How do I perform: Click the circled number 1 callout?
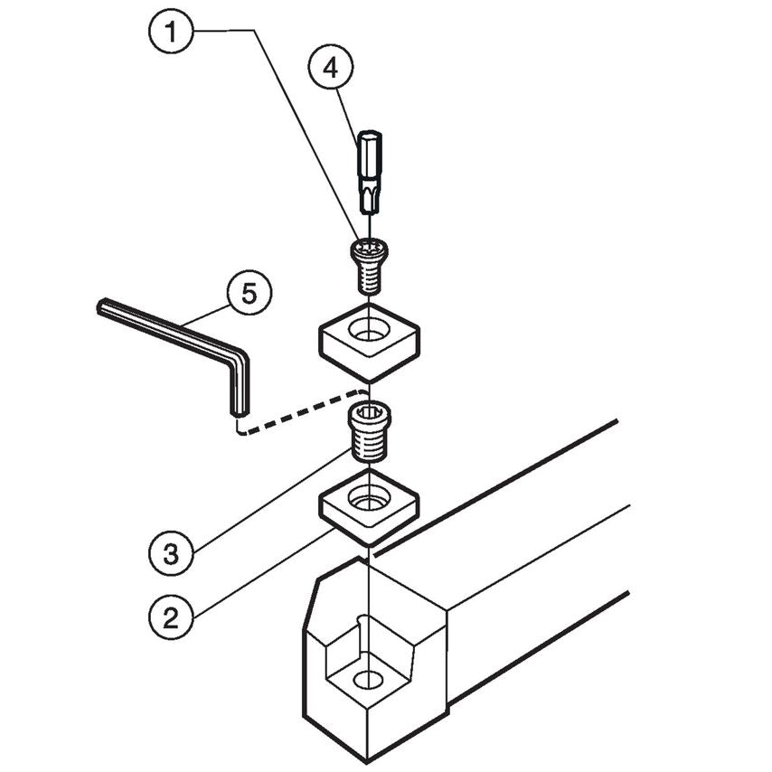169,34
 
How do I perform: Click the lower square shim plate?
368,507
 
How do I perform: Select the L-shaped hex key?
181,340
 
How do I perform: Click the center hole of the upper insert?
368,332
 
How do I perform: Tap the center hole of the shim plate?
367,496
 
